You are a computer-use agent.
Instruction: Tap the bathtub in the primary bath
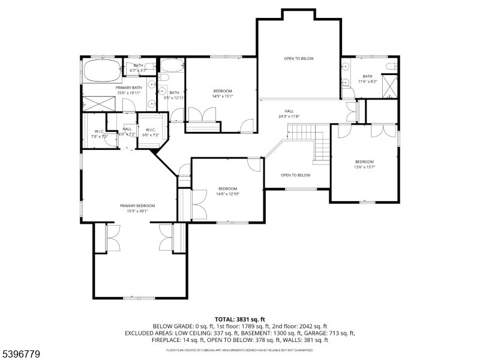[103, 71]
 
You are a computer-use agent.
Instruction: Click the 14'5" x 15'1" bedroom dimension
[223, 96]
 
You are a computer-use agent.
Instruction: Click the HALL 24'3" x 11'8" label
[289, 113]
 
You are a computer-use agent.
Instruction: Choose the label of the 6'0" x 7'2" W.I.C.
[151, 132]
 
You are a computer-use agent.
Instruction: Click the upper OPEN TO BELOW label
[299, 58]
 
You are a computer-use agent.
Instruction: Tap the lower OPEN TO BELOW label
[296, 175]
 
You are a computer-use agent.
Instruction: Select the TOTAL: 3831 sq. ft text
[239, 319]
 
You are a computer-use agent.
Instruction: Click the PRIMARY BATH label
[128, 88]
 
